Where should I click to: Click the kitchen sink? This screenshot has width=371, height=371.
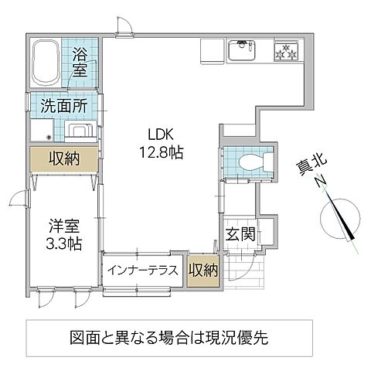click(x=246, y=52)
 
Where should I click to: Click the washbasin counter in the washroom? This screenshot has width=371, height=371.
click(x=77, y=128)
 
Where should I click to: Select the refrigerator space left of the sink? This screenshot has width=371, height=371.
click(x=211, y=51)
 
